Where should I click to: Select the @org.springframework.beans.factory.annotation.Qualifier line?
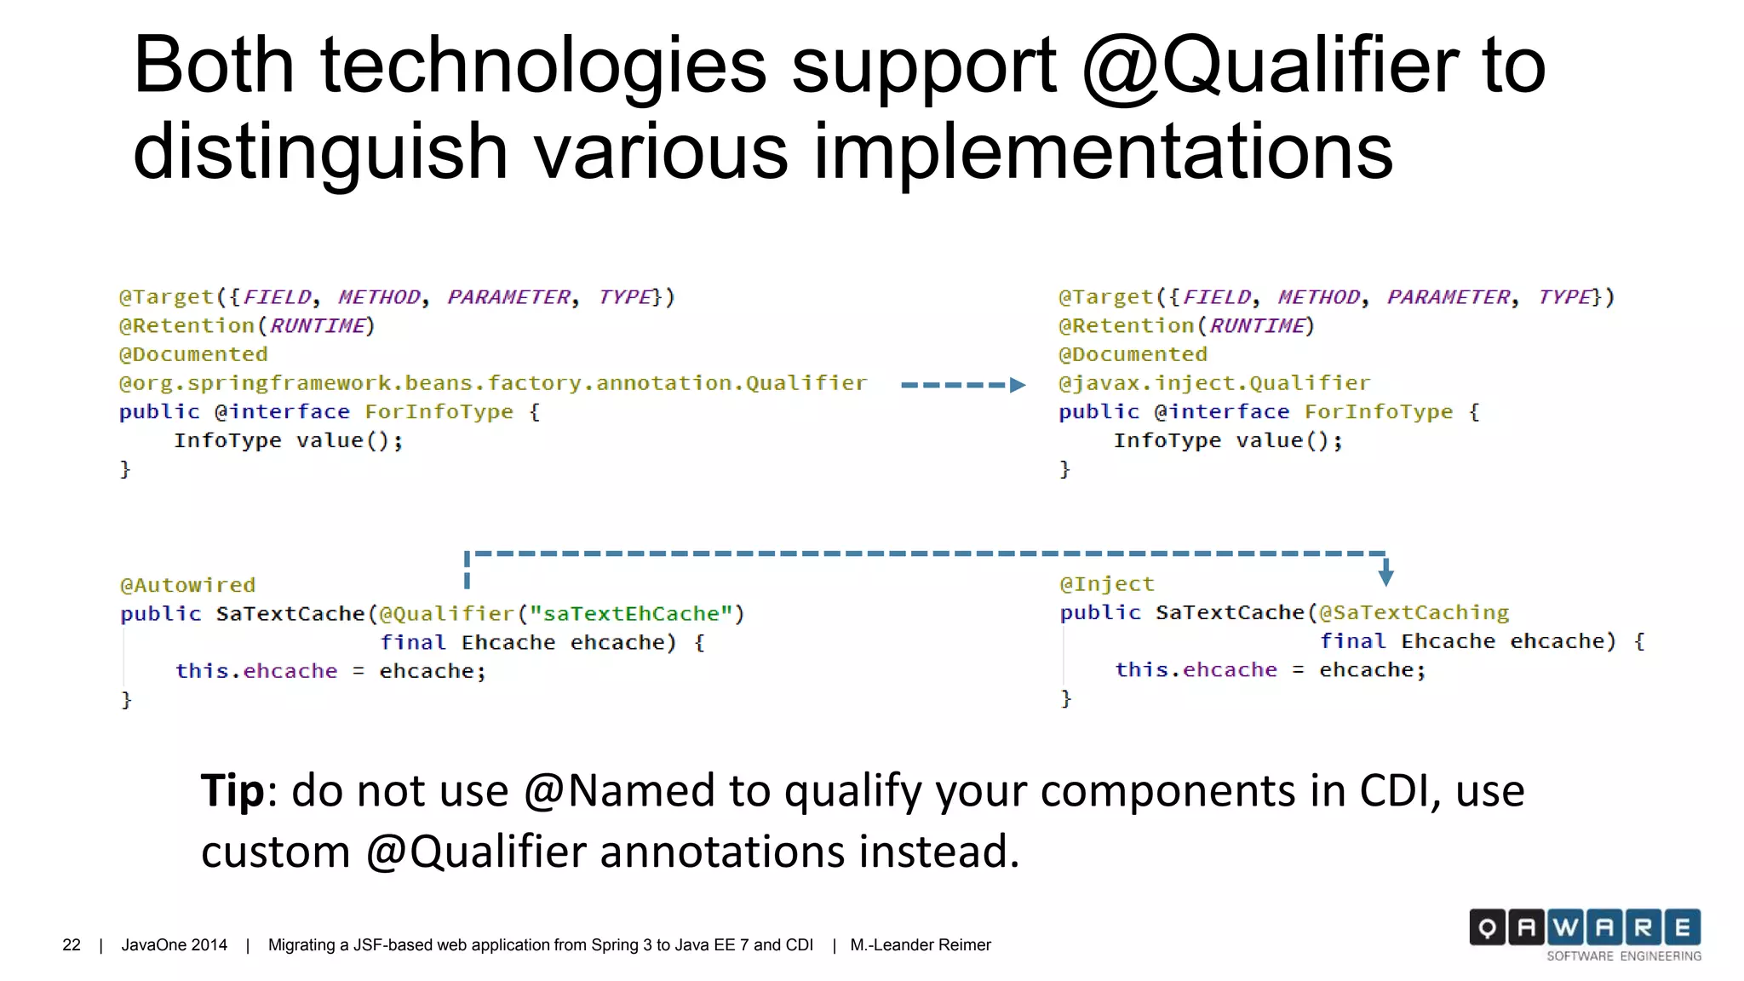tap(493, 384)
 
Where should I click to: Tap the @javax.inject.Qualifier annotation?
tap(1214, 384)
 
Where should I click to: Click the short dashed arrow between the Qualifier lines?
tap(962, 385)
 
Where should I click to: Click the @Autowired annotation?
tap(187, 586)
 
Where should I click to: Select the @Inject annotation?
tap(1106, 584)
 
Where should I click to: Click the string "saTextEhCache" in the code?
tap(631, 614)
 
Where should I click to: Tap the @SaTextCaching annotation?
tap(1414, 613)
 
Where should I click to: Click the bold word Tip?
tap(232, 791)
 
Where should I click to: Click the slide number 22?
tap(72, 945)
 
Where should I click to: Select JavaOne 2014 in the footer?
tap(174, 945)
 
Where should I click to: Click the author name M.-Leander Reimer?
tap(921, 945)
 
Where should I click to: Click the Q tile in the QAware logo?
tap(1487, 927)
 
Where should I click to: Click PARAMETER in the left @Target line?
tap(509, 297)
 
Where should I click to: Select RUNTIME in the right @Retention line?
tap(1257, 326)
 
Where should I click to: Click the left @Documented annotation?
tap(193, 355)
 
